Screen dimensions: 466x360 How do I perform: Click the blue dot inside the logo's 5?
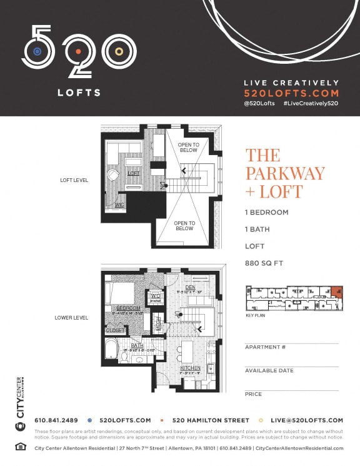[x=37, y=51]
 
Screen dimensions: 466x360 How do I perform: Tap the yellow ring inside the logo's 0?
[x=118, y=51]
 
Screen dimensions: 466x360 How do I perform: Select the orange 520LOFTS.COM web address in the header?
[x=291, y=92]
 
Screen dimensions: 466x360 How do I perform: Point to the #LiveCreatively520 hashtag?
[x=311, y=103]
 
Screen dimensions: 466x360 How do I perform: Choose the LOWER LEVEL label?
[x=71, y=318]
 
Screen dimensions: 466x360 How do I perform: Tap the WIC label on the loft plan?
[x=119, y=204]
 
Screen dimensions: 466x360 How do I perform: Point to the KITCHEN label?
[x=190, y=368]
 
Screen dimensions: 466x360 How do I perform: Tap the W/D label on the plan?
[x=155, y=296]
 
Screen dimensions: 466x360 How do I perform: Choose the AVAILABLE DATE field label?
[x=269, y=371]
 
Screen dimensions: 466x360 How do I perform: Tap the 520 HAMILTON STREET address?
[x=211, y=420]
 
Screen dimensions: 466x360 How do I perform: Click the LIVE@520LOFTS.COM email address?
[x=306, y=420]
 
